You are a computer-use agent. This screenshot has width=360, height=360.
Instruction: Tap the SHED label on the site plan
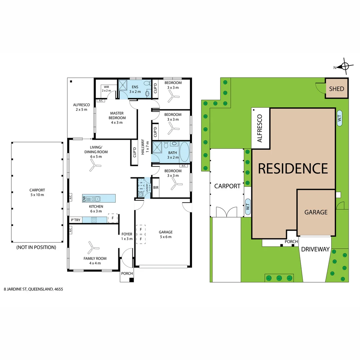click(336, 89)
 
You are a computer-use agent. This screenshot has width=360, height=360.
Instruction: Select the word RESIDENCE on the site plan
click(293, 168)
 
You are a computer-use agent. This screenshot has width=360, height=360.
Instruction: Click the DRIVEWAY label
click(315, 249)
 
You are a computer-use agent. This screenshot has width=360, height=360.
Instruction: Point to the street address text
click(33, 289)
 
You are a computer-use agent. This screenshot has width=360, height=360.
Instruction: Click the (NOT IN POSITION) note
click(36, 247)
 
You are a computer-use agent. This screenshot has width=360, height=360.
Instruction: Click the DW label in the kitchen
click(84, 199)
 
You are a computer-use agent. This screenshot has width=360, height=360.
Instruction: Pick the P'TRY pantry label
click(75, 220)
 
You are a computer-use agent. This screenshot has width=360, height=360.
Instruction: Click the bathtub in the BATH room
click(184, 152)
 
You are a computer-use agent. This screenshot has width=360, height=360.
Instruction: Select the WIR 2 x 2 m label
click(106, 89)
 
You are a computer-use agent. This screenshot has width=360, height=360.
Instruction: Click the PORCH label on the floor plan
click(127, 273)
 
